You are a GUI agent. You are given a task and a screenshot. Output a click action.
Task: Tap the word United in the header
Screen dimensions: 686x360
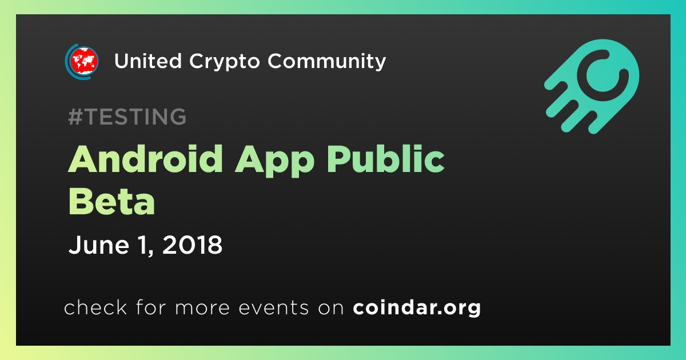(148, 61)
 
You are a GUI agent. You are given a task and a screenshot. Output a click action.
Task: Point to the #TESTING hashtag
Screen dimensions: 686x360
(127, 117)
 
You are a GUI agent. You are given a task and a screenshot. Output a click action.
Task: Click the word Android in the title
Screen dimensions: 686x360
(145, 159)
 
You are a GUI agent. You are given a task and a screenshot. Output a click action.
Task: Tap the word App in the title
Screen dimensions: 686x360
(274, 161)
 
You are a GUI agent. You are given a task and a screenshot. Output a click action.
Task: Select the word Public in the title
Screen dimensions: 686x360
(386, 159)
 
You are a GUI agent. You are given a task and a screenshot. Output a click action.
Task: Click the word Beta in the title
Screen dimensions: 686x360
(111, 201)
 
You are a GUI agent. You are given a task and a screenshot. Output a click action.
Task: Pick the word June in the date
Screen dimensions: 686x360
(98, 245)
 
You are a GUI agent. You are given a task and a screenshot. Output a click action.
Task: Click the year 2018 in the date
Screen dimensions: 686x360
(192, 245)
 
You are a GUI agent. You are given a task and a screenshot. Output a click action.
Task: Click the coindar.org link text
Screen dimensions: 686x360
(417, 308)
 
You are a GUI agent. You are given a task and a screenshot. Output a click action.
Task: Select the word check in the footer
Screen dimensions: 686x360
(95, 307)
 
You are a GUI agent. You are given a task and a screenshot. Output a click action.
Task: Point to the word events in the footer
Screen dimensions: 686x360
(273, 308)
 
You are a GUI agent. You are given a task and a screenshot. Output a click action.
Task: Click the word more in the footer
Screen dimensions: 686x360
(202, 309)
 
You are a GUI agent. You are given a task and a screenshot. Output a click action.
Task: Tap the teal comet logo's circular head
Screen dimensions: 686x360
(603, 75)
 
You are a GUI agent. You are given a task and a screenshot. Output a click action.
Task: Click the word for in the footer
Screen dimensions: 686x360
(151, 307)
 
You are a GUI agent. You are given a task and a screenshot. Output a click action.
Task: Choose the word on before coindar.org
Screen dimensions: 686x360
(331, 309)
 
